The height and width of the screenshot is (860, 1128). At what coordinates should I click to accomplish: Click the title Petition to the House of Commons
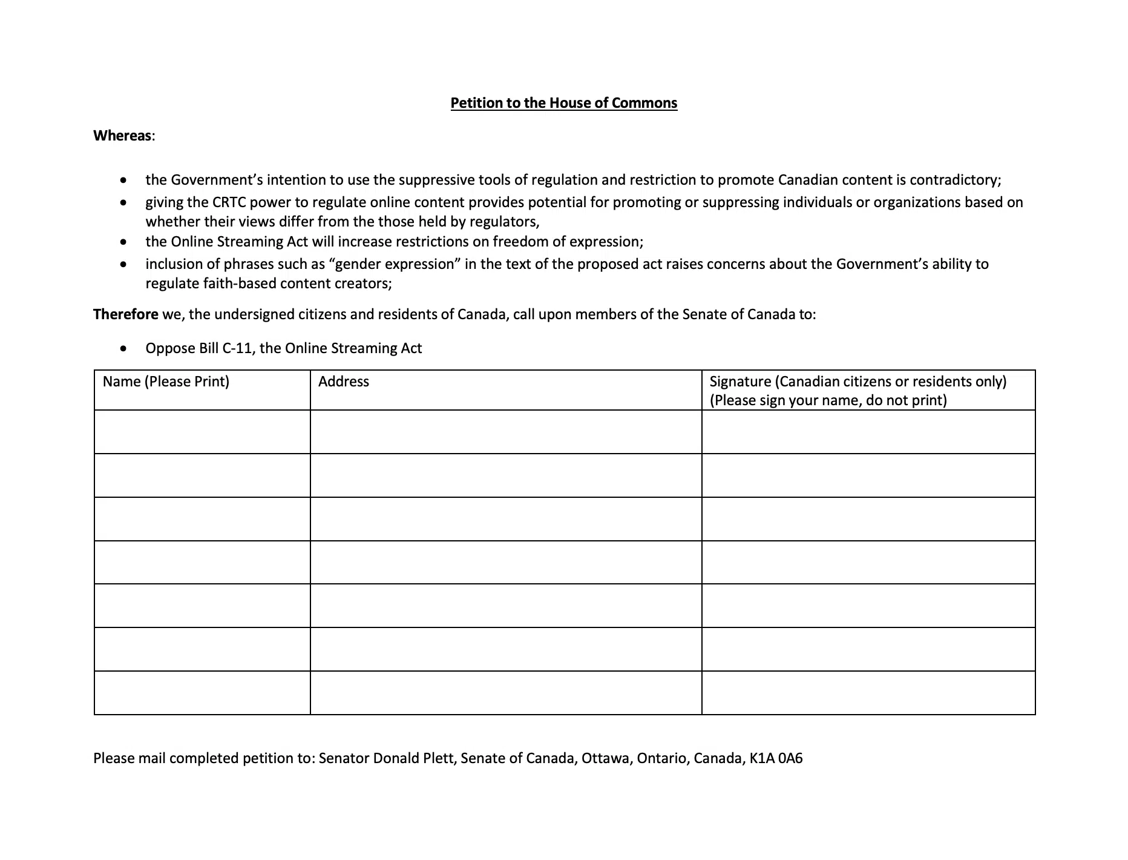[x=563, y=103]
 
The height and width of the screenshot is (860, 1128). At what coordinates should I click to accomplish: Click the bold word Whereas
[x=122, y=136]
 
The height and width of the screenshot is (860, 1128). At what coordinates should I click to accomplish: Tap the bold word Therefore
[x=125, y=314]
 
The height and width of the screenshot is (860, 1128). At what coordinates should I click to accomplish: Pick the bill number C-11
[x=237, y=348]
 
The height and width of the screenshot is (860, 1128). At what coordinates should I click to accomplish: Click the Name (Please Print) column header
[x=166, y=382]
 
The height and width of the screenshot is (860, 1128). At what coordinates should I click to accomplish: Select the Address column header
[x=343, y=382]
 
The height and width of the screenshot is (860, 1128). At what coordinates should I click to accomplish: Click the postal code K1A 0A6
[x=776, y=758]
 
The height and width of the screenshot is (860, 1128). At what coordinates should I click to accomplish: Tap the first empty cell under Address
[x=505, y=432]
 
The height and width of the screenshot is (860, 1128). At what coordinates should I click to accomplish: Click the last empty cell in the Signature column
[x=868, y=693]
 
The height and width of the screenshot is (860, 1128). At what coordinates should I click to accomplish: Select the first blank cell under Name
[x=202, y=432]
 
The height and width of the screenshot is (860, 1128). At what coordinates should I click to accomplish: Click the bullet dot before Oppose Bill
[x=123, y=349]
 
